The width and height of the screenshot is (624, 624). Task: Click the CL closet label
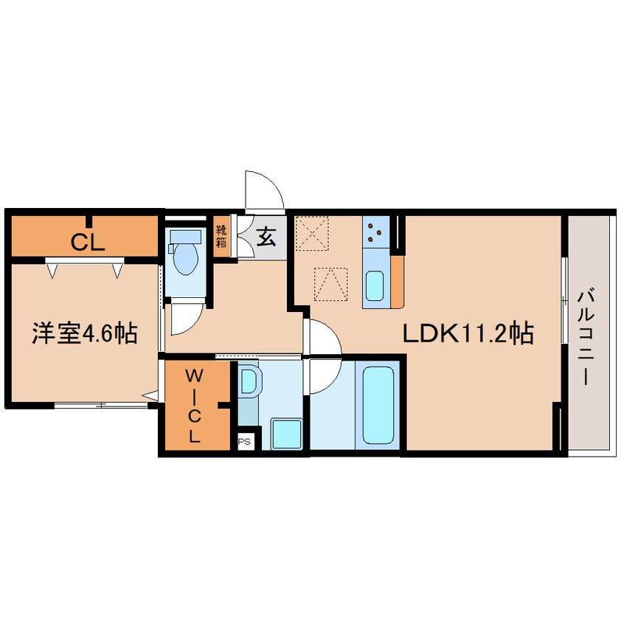pyautogui.click(x=88, y=242)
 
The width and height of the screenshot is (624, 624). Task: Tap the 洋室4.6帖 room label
pyautogui.click(x=85, y=333)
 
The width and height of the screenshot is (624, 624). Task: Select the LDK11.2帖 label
pyautogui.click(x=468, y=333)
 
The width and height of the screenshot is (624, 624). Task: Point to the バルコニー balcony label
pyautogui.click(x=586, y=338)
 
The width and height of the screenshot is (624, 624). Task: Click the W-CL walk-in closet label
pyautogui.click(x=194, y=406)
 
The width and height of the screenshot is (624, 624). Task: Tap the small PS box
pyautogui.click(x=244, y=441)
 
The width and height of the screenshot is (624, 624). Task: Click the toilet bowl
pyautogui.click(x=185, y=254)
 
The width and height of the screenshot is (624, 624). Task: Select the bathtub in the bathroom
pyautogui.click(x=378, y=405)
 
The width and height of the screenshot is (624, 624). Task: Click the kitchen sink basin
pyautogui.click(x=375, y=285)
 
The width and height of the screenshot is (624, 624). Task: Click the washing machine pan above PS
pyautogui.click(x=286, y=434)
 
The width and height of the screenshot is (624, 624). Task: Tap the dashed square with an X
pyautogui.click(x=311, y=234)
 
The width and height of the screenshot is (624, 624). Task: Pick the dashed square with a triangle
pyautogui.click(x=330, y=284)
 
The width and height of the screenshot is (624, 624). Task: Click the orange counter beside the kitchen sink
pyautogui.click(x=397, y=282)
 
